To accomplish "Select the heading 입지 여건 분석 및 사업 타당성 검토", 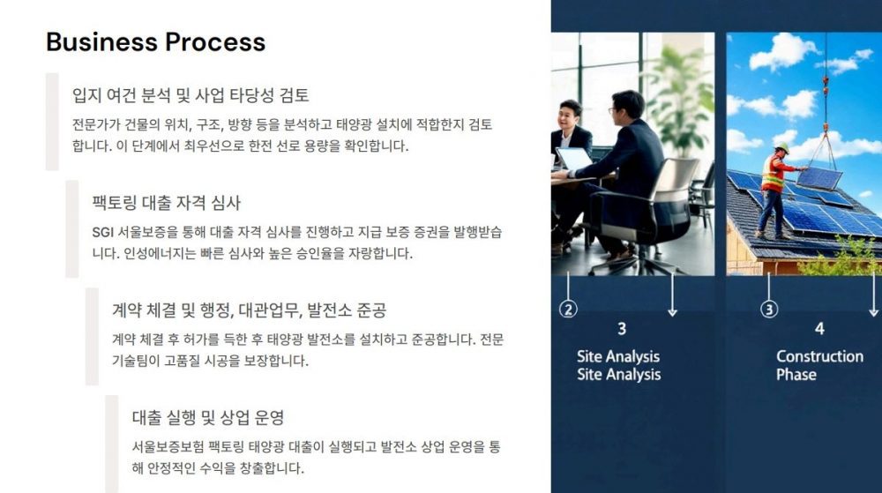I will point(191,94).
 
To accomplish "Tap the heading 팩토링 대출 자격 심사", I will point(166,202).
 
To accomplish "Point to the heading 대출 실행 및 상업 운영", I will point(207,417).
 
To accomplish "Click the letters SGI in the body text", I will point(103,233).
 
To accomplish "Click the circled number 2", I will point(568,309).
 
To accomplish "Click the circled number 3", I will point(769,309).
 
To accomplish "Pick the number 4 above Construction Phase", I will point(819,329).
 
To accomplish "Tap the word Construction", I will point(819,356).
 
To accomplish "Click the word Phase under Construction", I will point(796,375).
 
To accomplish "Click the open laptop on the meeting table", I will point(573,159).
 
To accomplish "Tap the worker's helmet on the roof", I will point(781,147).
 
